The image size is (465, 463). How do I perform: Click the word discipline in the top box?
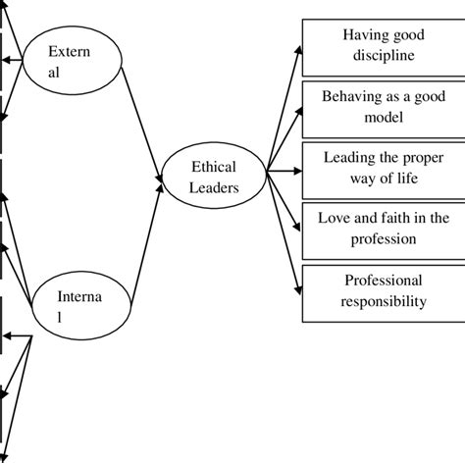pos(384,56)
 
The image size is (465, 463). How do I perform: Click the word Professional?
pos(384,282)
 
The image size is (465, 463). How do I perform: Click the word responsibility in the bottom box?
pos(384,302)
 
